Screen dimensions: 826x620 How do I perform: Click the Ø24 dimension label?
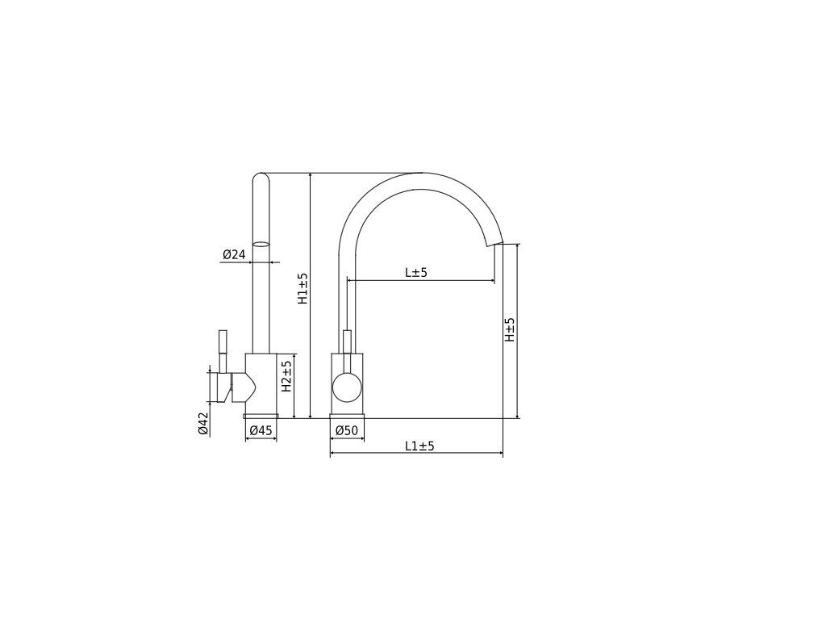click(234, 254)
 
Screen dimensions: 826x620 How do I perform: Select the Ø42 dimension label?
click(203, 424)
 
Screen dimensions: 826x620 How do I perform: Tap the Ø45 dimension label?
click(261, 431)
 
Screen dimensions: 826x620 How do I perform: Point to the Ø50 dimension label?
click(347, 431)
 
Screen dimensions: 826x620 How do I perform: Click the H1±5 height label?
click(302, 288)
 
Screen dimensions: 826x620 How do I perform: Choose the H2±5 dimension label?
click(286, 376)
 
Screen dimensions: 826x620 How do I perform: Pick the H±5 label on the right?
click(510, 329)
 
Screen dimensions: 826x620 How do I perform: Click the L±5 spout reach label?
click(416, 273)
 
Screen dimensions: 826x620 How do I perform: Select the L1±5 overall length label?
click(419, 446)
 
